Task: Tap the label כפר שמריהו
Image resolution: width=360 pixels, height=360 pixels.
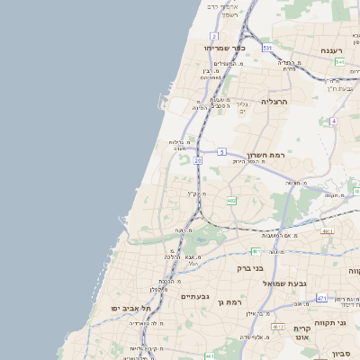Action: pyautogui.click(x=224, y=48)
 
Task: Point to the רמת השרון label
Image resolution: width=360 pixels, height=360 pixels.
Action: pyautogui.click(x=267, y=155)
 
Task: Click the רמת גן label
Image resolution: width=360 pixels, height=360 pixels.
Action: pyautogui.click(x=232, y=301)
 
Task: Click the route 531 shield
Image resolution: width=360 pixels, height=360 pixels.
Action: pyautogui.click(x=267, y=47)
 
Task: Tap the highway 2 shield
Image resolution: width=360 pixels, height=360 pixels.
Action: pyautogui.click(x=214, y=36)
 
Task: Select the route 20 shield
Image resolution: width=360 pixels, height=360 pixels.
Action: pyautogui.click(x=197, y=159)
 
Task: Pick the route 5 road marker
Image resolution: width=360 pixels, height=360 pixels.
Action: pyautogui.click(x=221, y=153)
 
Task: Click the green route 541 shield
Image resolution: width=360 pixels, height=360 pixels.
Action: pyautogui.click(x=339, y=62)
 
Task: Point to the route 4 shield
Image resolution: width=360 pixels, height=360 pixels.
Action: pyautogui.click(x=333, y=121)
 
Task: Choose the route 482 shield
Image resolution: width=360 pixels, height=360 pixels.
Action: pyautogui.click(x=231, y=201)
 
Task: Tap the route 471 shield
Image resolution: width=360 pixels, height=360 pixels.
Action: pyautogui.click(x=321, y=298)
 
